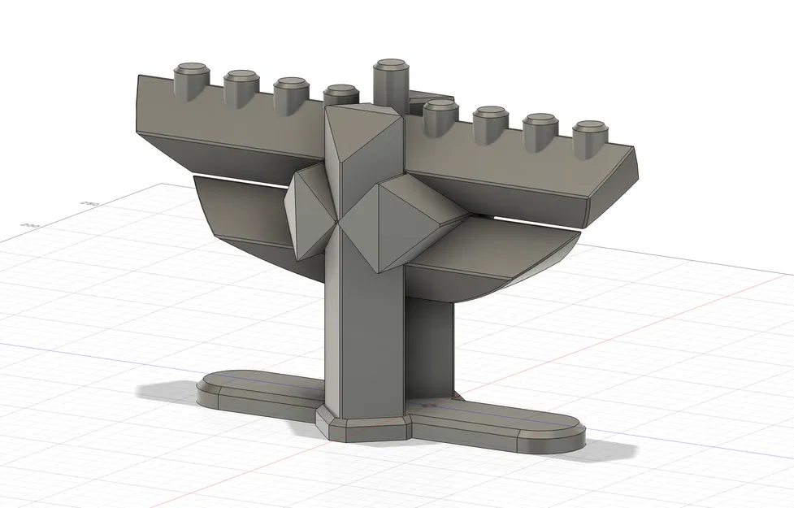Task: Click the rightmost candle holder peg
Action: (591, 137)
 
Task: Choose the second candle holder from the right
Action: (540, 128)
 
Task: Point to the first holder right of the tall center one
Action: (440, 114)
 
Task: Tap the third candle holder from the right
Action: (491, 121)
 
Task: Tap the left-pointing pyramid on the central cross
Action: (309, 211)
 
